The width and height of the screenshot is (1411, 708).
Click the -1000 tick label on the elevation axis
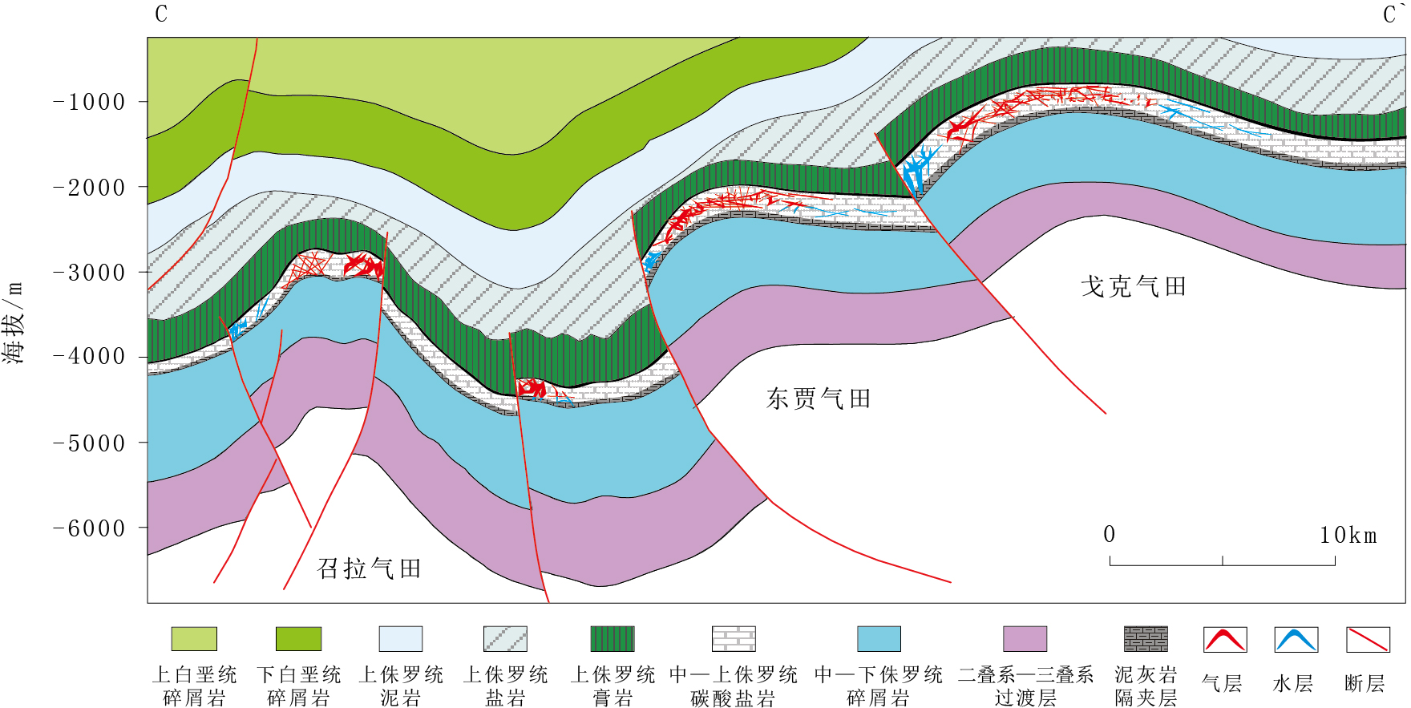90,103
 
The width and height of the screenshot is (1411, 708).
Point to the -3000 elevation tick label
90,273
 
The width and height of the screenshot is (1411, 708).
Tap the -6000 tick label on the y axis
90,528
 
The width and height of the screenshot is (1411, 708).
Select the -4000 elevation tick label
90,357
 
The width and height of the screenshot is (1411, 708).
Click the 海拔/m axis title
14,322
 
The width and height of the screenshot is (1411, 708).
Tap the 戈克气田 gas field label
1133,286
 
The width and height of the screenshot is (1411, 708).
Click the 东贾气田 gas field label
818,399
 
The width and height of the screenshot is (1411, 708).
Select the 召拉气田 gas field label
370,568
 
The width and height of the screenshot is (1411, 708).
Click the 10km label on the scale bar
1348,535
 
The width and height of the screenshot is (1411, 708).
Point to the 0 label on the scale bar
1109,535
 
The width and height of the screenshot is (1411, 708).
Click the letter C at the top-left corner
161,14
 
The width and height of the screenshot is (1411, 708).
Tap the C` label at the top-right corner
1391,14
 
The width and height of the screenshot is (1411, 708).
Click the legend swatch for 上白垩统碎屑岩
194,639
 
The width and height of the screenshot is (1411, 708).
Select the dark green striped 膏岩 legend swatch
613,639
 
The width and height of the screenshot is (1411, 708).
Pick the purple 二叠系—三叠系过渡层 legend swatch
1025,639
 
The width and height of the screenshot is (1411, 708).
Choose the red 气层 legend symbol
1224,640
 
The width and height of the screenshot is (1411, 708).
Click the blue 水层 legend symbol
1296,640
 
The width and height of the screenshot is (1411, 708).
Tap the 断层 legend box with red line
1367,640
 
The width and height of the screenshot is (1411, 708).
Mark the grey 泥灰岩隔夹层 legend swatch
1146,639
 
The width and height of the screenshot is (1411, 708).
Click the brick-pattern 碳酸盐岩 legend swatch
734,639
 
